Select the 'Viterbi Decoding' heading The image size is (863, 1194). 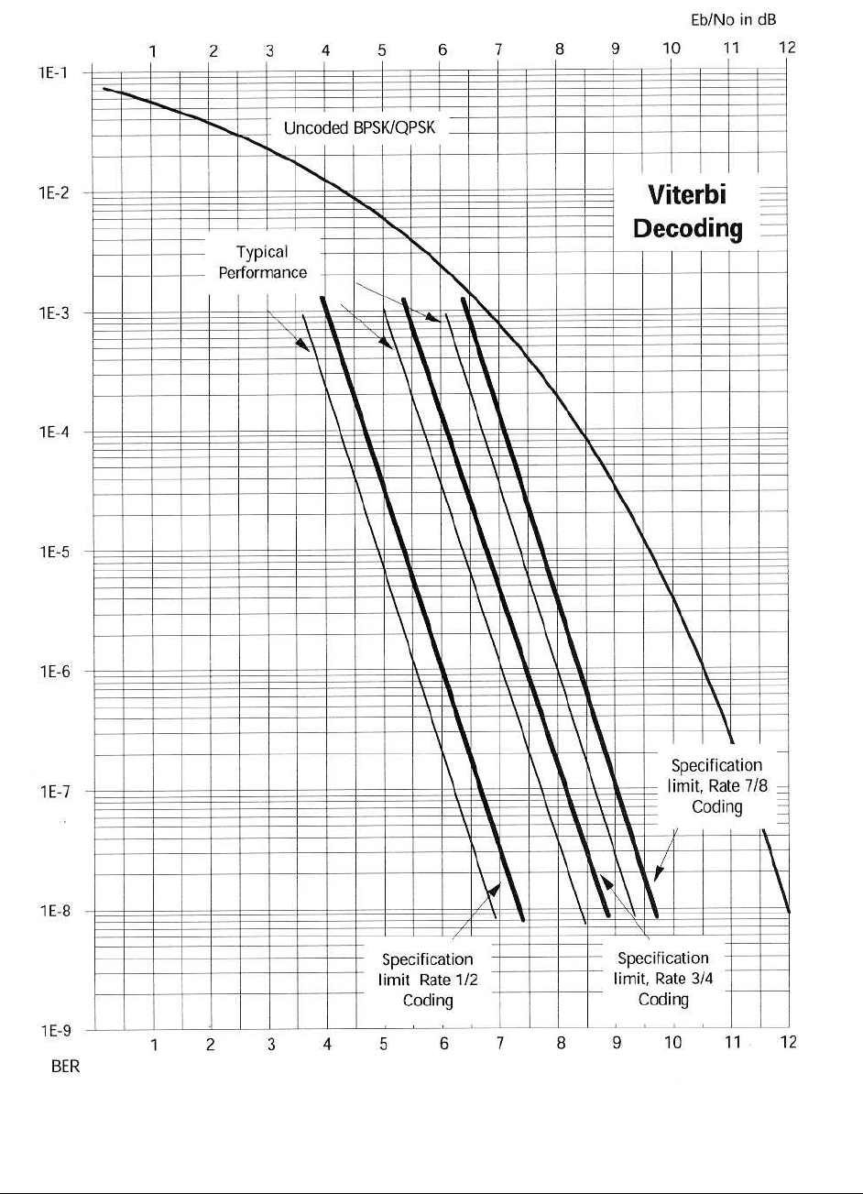point(687,212)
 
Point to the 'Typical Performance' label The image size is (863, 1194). point(262,262)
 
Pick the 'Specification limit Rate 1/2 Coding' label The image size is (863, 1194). point(428,980)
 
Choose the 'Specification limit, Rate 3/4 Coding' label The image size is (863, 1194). point(662,979)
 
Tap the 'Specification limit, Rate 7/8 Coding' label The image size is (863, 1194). point(716,785)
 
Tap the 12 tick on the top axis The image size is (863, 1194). point(787,49)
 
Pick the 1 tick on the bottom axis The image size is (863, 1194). point(155,1043)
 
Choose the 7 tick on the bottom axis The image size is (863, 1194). point(500,1043)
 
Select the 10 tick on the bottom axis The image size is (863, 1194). point(673,1043)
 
